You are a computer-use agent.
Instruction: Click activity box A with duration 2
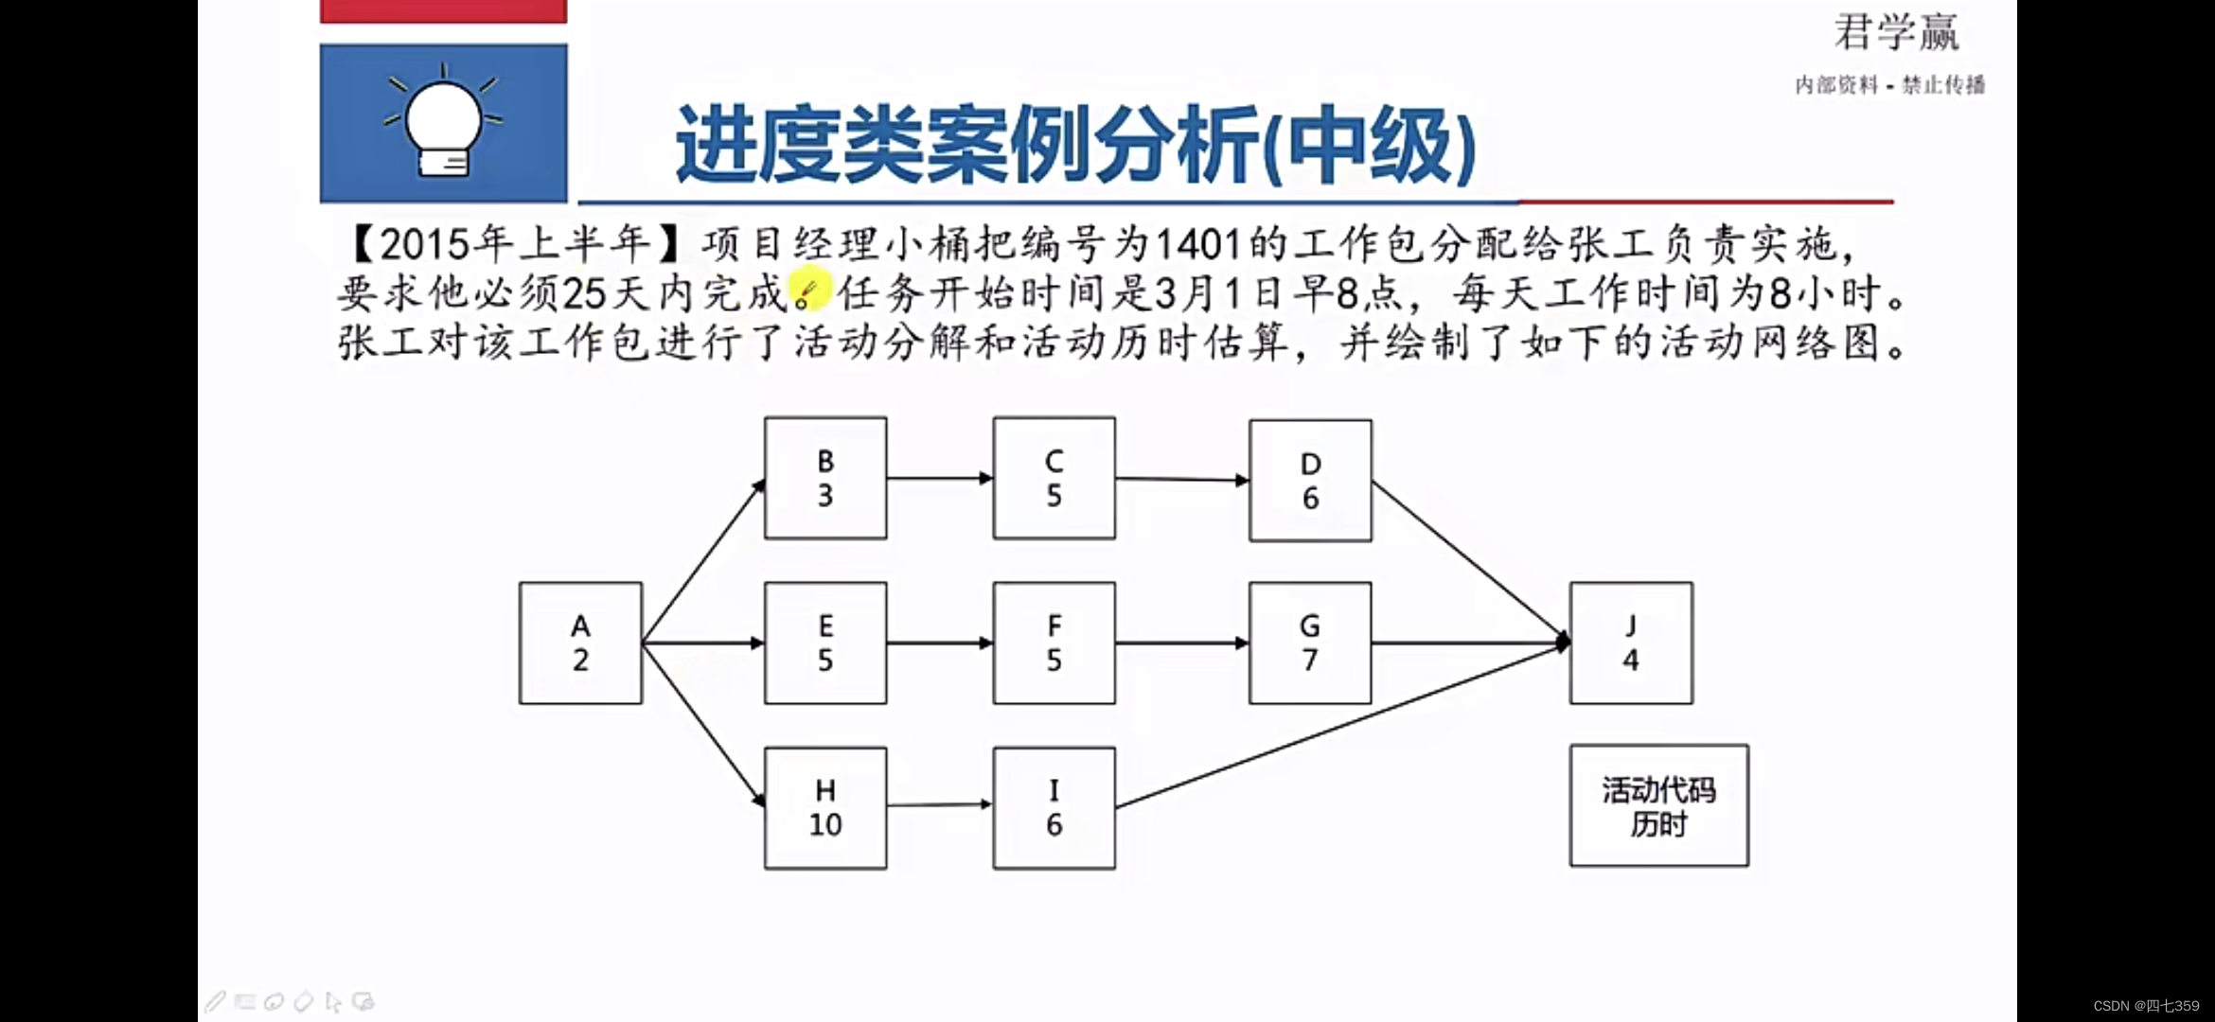click(580, 643)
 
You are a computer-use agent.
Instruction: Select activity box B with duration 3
click(825, 479)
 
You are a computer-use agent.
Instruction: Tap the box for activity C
click(1054, 479)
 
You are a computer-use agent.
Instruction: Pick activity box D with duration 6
click(1310, 481)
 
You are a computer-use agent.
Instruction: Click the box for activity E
click(825, 643)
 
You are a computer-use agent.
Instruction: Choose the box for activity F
click(1054, 643)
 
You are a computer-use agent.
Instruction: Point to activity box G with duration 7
click(1310, 643)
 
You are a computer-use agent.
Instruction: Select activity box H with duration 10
click(825, 808)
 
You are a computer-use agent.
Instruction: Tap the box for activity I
click(1054, 808)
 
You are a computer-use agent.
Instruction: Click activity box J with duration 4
click(1631, 643)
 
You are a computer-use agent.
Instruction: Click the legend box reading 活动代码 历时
click(1658, 806)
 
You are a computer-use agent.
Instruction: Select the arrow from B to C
click(939, 479)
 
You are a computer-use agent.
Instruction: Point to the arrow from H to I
click(939, 805)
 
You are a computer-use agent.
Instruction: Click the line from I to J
click(1339, 725)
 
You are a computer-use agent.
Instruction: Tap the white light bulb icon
click(443, 125)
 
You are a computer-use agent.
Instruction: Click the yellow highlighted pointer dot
click(808, 289)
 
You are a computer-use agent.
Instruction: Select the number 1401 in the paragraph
click(1197, 245)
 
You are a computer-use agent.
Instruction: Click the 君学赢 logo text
click(1896, 33)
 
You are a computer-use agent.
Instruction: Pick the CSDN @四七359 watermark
click(2146, 1006)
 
